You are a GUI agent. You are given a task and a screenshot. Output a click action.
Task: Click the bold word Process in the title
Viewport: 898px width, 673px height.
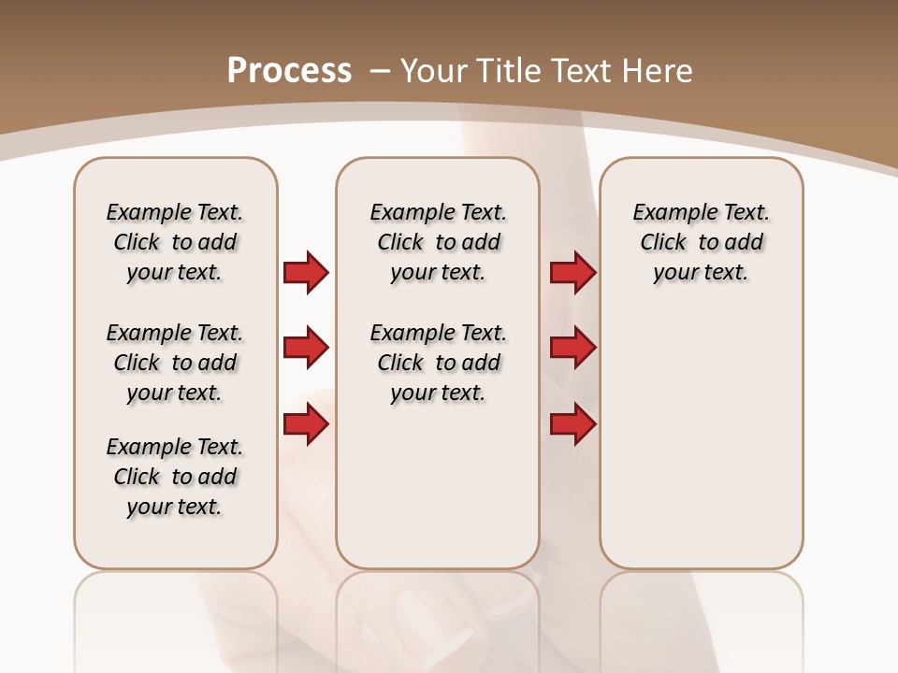289,71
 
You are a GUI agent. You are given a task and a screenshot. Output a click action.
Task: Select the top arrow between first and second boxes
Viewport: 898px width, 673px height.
306,272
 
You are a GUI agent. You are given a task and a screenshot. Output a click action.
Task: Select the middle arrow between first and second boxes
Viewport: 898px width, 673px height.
306,348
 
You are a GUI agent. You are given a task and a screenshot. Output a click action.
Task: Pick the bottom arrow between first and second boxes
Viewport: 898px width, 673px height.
306,424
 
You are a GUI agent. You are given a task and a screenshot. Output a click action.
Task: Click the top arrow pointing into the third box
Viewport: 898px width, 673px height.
572,272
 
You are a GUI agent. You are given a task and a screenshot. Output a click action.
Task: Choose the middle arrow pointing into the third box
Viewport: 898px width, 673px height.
572,348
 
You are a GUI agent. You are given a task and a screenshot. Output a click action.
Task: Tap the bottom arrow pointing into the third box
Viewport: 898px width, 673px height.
572,424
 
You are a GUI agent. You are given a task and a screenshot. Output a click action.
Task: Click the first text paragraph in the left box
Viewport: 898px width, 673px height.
175,242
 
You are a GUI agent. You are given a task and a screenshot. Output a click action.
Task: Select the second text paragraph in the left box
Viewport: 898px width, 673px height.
175,363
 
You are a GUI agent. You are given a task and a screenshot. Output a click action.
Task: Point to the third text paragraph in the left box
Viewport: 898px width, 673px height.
175,477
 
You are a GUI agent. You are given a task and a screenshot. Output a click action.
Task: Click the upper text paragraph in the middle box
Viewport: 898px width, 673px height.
438,242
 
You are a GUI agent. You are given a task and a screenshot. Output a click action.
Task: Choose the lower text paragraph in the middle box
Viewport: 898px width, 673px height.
438,363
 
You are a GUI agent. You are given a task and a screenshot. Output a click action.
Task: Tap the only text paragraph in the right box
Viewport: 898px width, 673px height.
701,242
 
